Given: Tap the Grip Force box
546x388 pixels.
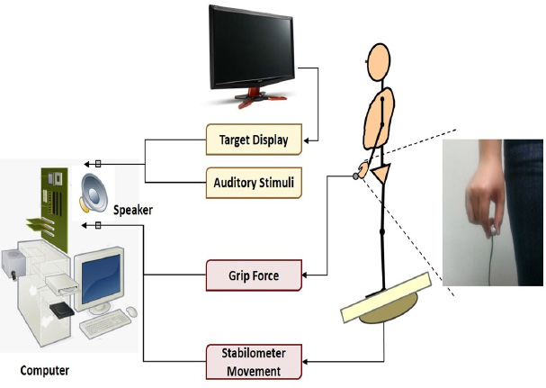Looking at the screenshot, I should click(253, 275).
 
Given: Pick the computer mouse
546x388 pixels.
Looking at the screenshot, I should click(131, 312).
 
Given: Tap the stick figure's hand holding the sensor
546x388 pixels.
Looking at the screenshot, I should click(363, 172).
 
